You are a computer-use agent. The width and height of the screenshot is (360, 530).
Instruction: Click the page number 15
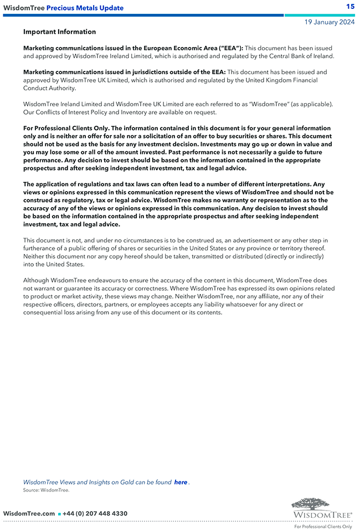[350, 7]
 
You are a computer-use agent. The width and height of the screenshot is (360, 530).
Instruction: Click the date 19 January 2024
[330, 23]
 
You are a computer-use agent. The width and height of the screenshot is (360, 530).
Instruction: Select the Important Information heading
[59, 32]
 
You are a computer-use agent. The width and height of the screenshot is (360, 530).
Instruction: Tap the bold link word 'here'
[181, 482]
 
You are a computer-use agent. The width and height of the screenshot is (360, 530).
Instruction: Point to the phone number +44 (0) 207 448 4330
[95, 513]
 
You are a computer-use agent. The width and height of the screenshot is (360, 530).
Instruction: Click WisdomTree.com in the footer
[29, 513]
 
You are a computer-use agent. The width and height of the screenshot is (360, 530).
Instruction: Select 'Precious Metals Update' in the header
[85, 8]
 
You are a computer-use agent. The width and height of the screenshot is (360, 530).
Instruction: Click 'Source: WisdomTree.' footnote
[46, 490]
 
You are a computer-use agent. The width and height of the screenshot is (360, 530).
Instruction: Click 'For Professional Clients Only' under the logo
[322, 527]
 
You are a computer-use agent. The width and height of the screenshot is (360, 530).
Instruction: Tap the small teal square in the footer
[59, 514]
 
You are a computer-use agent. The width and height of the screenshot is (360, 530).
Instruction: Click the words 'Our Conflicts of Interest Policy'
[68, 112]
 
